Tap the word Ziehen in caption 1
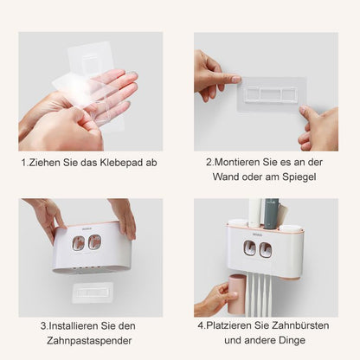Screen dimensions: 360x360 click(x=43, y=162)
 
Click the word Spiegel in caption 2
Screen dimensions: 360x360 click(x=298, y=177)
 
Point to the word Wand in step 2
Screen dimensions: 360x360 click(x=227, y=177)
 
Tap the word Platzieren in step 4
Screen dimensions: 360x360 click(x=237, y=326)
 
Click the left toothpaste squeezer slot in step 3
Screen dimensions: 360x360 click(x=79, y=243)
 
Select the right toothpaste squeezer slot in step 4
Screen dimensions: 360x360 click(x=265, y=250)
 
